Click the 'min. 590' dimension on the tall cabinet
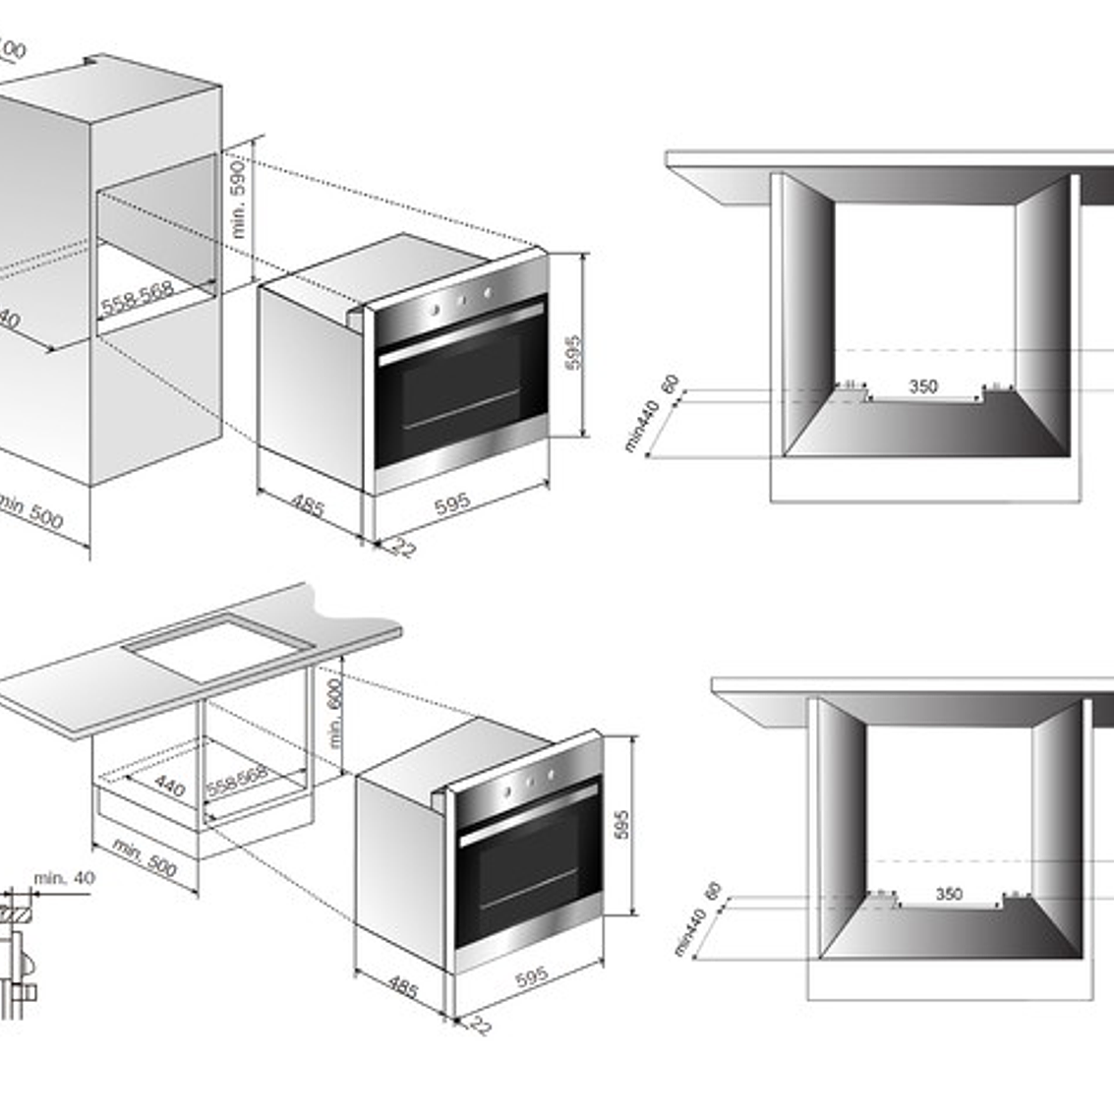(239, 201)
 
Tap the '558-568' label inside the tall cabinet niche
(137, 297)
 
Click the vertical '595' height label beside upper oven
(574, 353)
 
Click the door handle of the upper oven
(460, 335)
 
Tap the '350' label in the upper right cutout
(922, 386)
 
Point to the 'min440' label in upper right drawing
(639, 429)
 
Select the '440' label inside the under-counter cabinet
(169, 786)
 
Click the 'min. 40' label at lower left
(64, 877)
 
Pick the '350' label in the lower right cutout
(948, 894)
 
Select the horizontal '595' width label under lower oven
(531, 977)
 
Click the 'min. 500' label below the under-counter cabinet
(145, 858)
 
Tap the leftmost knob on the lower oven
(508, 791)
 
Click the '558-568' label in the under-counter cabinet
(237, 783)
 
